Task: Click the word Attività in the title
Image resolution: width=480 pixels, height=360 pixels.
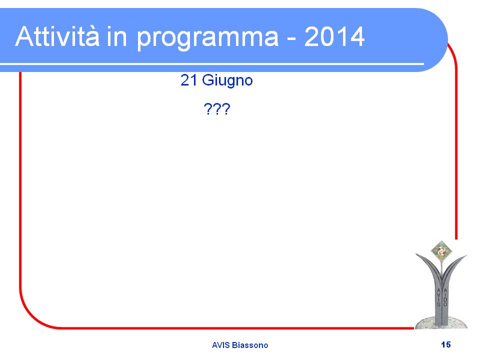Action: click(57, 36)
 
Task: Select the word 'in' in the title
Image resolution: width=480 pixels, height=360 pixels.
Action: click(116, 36)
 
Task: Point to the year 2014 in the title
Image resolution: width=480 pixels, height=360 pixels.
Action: click(334, 36)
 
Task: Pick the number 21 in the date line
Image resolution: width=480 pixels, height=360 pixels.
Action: click(188, 80)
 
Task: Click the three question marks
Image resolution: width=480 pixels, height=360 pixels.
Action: click(216, 109)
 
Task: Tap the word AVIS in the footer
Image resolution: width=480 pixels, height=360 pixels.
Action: click(220, 345)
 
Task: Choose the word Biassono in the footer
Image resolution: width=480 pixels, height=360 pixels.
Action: click(250, 345)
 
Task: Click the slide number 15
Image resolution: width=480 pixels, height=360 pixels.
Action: click(445, 344)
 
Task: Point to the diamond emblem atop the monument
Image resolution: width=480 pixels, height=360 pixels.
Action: click(441, 251)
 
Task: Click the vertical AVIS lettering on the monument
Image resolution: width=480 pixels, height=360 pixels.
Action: click(438, 297)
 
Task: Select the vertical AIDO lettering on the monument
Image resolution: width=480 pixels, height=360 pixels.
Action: click(445, 297)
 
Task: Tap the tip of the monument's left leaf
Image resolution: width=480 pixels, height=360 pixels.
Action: click(416, 254)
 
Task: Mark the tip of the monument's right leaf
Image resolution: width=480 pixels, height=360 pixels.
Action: click(466, 255)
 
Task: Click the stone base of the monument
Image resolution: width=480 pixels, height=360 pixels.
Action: click(441, 323)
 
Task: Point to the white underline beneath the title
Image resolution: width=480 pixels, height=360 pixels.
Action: click(212, 64)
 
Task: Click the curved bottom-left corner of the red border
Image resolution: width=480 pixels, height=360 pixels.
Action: click(33, 316)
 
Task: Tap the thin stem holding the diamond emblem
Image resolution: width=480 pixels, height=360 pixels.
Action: click(441, 267)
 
